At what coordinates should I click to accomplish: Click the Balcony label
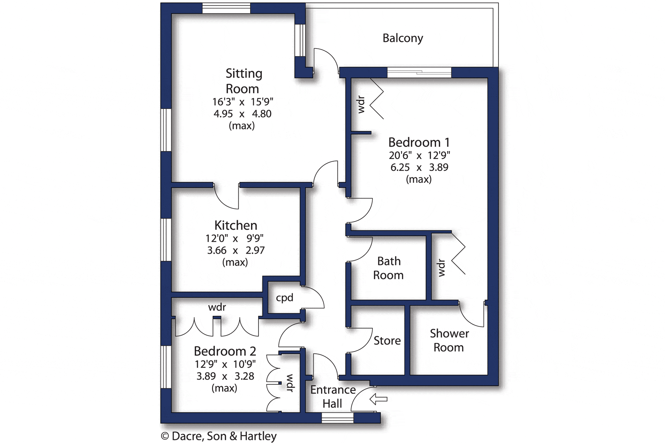(x=403, y=38)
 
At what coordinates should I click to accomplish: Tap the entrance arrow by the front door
(x=378, y=399)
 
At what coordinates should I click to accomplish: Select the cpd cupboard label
(x=284, y=298)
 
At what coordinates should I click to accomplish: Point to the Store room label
(x=387, y=340)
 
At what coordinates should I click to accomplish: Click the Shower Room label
(x=449, y=340)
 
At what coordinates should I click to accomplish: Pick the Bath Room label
(x=388, y=268)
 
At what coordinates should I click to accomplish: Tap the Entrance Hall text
(x=333, y=397)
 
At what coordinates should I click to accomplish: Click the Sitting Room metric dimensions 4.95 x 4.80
(x=242, y=114)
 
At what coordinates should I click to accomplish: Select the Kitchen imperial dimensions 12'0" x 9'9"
(x=234, y=238)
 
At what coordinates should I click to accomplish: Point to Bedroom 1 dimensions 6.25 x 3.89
(x=419, y=167)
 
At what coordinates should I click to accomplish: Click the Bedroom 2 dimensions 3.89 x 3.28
(x=225, y=376)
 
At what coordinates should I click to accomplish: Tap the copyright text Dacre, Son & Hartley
(x=219, y=436)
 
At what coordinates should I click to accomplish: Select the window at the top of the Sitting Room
(x=226, y=8)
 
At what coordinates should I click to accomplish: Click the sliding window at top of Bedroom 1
(x=419, y=73)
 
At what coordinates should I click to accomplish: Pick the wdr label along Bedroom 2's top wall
(x=217, y=307)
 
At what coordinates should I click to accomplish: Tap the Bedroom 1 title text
(x=419, y=143)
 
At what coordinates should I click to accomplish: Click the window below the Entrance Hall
(x=338, y=418)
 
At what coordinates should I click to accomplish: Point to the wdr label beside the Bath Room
(x=441, y=268)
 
